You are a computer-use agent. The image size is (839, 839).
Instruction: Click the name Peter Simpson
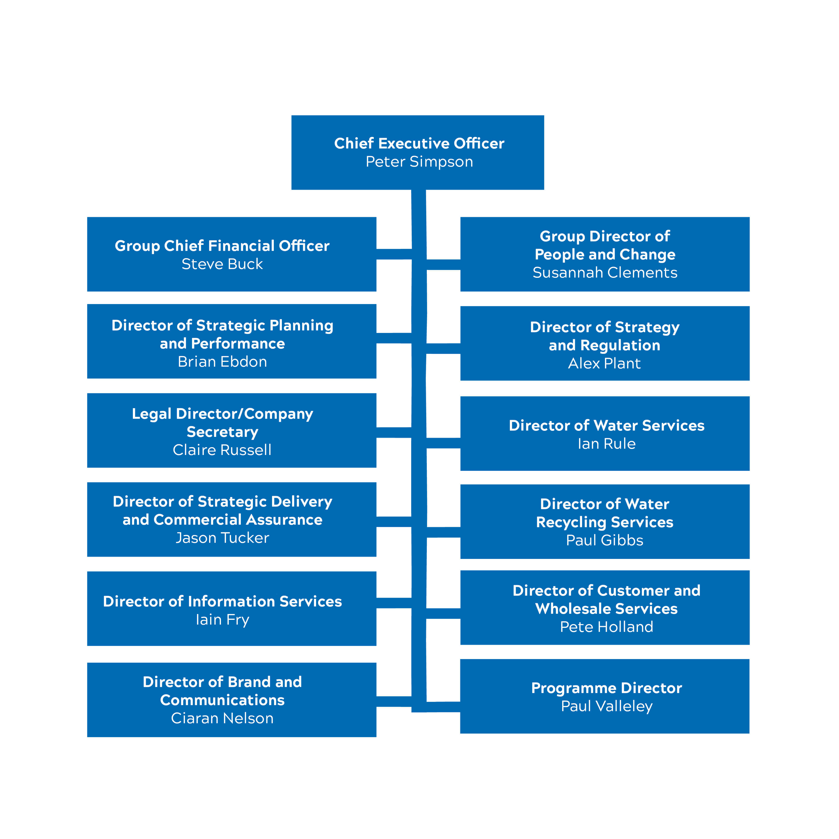coord(419,162)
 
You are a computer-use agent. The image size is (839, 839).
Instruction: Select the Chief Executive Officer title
coord(419,143)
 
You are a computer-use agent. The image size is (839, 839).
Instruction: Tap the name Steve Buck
coord(222,264)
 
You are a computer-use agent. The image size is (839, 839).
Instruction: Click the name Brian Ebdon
coord(222,362)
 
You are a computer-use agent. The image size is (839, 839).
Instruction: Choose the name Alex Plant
coord(604,363)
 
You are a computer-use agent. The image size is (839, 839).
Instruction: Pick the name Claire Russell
coord(222,450)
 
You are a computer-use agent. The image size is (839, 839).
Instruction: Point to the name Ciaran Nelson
coord(222,718)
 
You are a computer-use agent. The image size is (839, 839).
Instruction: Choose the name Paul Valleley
coord(606,706)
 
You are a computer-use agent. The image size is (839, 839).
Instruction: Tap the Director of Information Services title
coord(222,601)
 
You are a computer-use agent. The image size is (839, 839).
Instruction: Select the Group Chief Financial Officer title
coord(222,246)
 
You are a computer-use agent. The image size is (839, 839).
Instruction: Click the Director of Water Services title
coord(606,426)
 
